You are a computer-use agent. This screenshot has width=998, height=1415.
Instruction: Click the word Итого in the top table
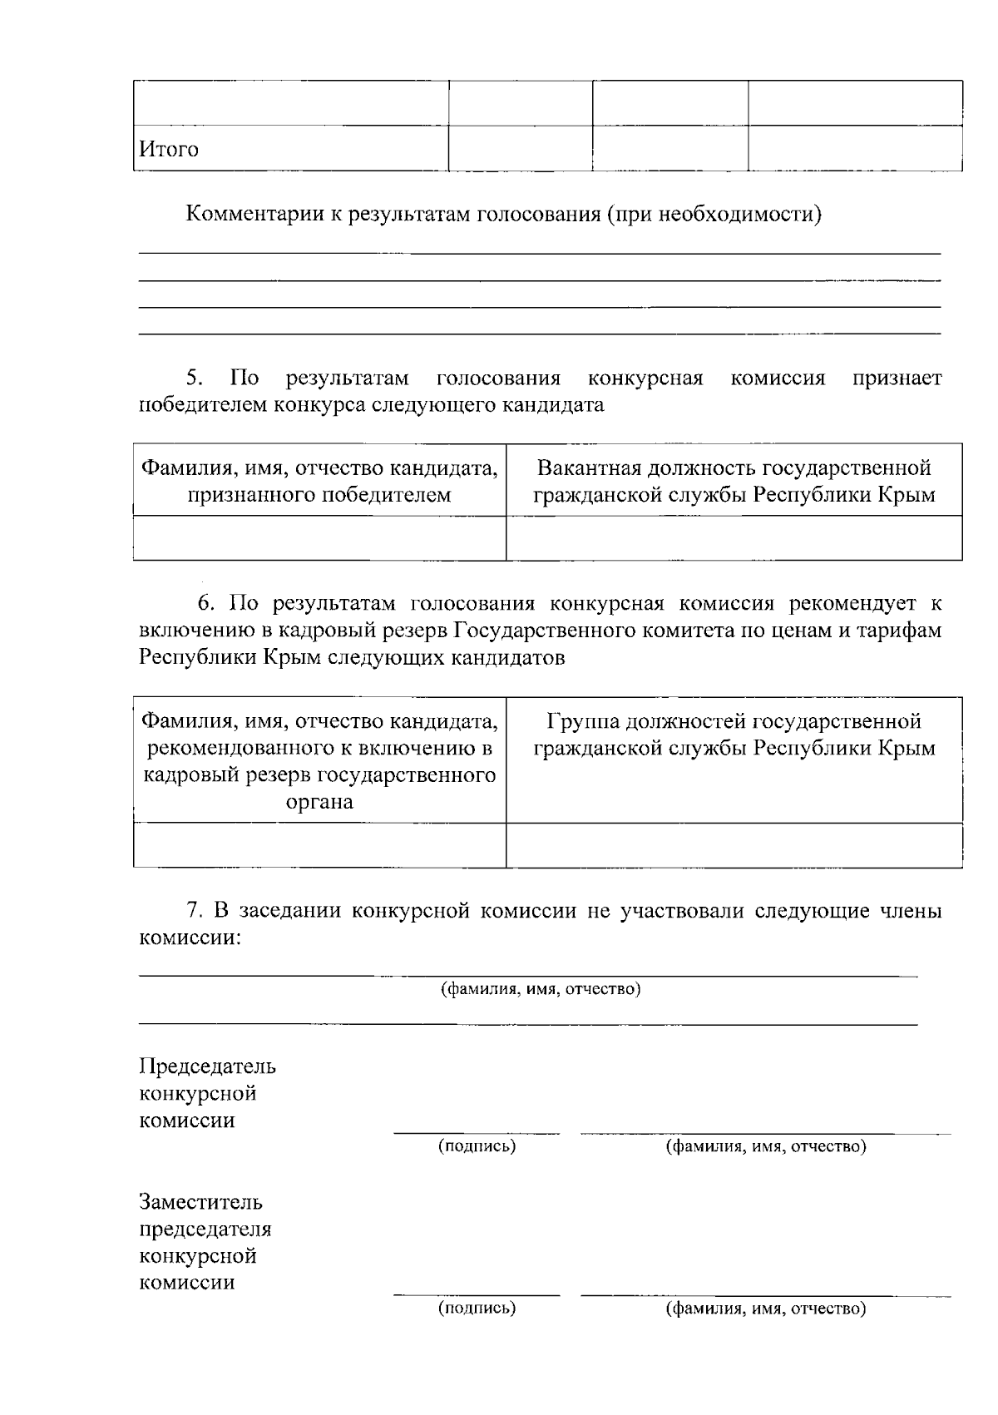[168, 150]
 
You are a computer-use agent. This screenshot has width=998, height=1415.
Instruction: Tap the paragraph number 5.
[195, 378]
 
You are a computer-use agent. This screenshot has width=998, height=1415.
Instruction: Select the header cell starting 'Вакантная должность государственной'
[734, 481]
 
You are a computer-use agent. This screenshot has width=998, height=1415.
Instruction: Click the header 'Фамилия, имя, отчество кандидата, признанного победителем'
[319, 481]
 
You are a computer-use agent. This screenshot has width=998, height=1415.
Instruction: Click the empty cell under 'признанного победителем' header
[319, 538]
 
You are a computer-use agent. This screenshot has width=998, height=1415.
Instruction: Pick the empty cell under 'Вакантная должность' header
[734, 538]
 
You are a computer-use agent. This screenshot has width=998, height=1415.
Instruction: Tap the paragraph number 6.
[206, 603]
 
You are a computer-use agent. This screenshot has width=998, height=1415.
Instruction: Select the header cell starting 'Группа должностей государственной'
[734, 734]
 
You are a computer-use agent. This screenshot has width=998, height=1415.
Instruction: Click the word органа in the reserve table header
[319, 802]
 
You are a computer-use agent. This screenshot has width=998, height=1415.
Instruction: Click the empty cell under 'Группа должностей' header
[734, 845]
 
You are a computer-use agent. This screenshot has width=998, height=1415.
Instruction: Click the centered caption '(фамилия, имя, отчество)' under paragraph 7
[540, 989]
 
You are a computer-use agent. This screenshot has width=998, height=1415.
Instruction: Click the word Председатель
[207, 1066]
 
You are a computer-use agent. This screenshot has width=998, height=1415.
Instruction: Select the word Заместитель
[200, 1202]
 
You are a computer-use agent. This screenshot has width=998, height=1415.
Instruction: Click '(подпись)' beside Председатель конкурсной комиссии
[477, 1146]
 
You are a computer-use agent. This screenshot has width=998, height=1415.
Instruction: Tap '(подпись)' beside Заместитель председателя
[477, 1309]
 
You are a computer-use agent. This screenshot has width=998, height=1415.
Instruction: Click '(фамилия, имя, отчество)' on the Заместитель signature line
[766, 1309]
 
